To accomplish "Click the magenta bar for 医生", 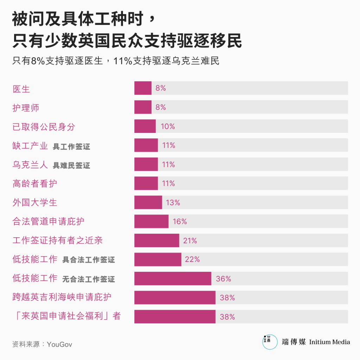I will coord(143,88).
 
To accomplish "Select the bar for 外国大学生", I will coord(148,202).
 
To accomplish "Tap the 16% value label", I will coord(180,221).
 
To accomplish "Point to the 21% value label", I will coord(190,241).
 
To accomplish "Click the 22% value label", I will coord(192,260).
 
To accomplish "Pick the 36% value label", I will coord(223,279).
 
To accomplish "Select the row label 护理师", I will coord(26,108).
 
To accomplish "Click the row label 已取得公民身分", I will coord(44,127).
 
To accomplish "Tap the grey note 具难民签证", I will coord(71,165).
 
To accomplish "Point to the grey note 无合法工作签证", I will coord(89,279).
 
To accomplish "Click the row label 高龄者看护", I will coord(35,184).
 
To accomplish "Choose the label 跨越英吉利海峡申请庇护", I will coord(62,297).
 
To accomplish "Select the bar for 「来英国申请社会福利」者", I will coord(175,316).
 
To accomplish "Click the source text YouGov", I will coord(59,344).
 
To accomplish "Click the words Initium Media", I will coord(329,342).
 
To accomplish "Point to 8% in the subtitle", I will coord(38,61).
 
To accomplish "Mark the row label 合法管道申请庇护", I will coord(48,221).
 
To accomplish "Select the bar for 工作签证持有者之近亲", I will coord(156,241).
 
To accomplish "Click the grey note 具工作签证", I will coord(71,147).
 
